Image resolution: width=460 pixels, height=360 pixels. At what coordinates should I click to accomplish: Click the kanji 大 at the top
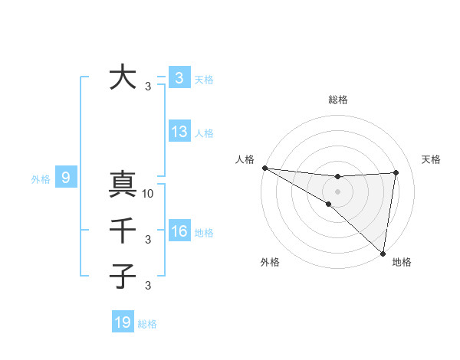coord(123,77)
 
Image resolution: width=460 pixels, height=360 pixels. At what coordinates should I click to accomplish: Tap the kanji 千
coord(123,231)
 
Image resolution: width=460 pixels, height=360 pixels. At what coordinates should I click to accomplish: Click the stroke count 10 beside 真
coord(149,194)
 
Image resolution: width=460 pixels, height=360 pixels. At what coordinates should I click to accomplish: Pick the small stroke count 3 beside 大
coord(148,87)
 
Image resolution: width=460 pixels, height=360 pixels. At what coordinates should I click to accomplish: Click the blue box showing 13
coord(179,132)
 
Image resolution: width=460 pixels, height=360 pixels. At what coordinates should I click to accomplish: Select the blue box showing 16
coord(179,231)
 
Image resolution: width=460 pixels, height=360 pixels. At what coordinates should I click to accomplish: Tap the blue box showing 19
coord(123,322)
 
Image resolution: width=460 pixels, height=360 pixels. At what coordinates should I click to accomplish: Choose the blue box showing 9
coord(66,178)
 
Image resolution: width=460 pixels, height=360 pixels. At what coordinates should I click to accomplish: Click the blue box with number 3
coord(179,78)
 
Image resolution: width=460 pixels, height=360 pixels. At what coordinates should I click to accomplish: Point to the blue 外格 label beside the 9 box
coord(41,179)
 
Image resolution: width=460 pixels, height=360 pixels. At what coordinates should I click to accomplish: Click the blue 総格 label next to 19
coord(147,324)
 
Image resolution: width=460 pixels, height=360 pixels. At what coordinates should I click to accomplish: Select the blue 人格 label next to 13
coord(204,133)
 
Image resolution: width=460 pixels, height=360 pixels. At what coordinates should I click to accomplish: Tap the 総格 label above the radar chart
coord(337,100)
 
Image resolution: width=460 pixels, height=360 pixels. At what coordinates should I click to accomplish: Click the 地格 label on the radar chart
coord(402,263)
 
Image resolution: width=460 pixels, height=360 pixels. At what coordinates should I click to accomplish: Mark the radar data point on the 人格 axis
coord(264,167)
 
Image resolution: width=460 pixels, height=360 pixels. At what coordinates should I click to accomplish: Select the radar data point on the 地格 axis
coord(383,253)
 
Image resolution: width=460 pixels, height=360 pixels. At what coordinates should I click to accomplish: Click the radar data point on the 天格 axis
coord(396,172)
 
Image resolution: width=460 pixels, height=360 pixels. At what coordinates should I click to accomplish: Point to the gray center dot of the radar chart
coord(337,191)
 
